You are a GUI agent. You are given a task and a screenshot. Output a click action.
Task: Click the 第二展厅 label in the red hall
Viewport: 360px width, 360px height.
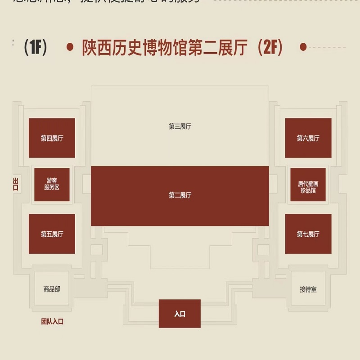[180, 195]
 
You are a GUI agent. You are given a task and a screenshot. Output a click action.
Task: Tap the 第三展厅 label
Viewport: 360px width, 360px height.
[180, 127]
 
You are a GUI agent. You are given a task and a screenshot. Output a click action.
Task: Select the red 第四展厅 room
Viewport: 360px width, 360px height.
[52, 138]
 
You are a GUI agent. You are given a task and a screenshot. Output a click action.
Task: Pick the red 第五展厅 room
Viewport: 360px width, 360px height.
[52, 234]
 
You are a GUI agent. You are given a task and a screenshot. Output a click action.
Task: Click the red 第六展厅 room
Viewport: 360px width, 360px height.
[308, 138]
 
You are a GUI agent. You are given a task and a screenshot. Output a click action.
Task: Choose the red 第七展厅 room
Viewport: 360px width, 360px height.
[308, 234]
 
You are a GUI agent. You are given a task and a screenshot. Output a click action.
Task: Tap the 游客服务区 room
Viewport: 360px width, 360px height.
[52, 184]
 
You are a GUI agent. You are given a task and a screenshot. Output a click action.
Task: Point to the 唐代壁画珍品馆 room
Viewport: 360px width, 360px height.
[308, 184]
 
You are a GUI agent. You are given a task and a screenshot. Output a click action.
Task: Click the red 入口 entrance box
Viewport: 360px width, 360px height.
[180, 314]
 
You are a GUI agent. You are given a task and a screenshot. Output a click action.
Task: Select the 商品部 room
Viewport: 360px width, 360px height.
[52, 289]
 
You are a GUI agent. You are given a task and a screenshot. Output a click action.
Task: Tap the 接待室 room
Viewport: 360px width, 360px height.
[308, 289]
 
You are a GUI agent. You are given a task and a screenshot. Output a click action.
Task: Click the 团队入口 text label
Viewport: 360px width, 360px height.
[53, 322]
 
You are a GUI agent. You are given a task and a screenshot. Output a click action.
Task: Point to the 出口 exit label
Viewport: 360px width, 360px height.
[16, 184]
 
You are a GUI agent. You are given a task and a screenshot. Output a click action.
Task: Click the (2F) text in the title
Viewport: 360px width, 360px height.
[270, 47]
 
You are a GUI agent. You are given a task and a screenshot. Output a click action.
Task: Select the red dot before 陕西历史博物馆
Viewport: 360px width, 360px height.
[70, 47]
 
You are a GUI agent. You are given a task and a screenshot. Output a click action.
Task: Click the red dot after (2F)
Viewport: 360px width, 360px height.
[303, 47]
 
